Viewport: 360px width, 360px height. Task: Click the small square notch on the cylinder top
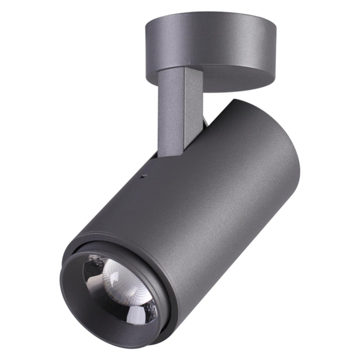point(143,176)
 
